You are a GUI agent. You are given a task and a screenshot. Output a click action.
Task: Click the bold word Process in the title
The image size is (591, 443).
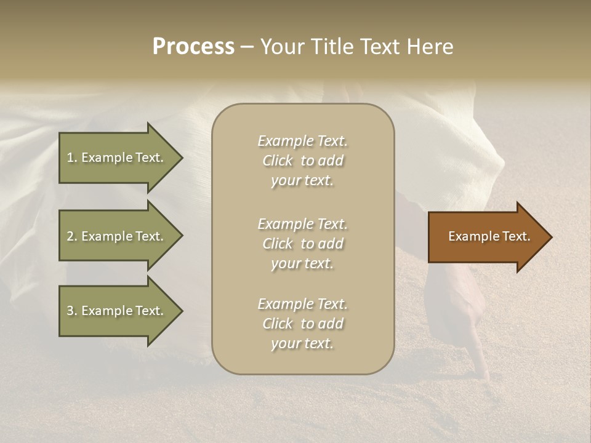(193, 47)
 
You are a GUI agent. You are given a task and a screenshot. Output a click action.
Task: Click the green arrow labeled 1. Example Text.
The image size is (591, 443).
(117, 158)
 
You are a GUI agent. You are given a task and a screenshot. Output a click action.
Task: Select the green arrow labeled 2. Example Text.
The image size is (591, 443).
(117, 236)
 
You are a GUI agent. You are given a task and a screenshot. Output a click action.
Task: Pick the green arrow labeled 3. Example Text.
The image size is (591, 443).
(117, 311)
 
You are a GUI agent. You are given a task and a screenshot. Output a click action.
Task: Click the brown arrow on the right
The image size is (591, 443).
(486, 237)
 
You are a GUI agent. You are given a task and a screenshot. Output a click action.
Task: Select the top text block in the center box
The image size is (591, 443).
(302, 161)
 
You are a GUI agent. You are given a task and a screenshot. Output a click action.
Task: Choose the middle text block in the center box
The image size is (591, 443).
(302, 244)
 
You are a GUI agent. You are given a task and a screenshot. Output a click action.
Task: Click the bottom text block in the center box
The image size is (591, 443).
(302, 324)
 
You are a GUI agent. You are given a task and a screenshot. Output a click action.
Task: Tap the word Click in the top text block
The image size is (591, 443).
(278, 161)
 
